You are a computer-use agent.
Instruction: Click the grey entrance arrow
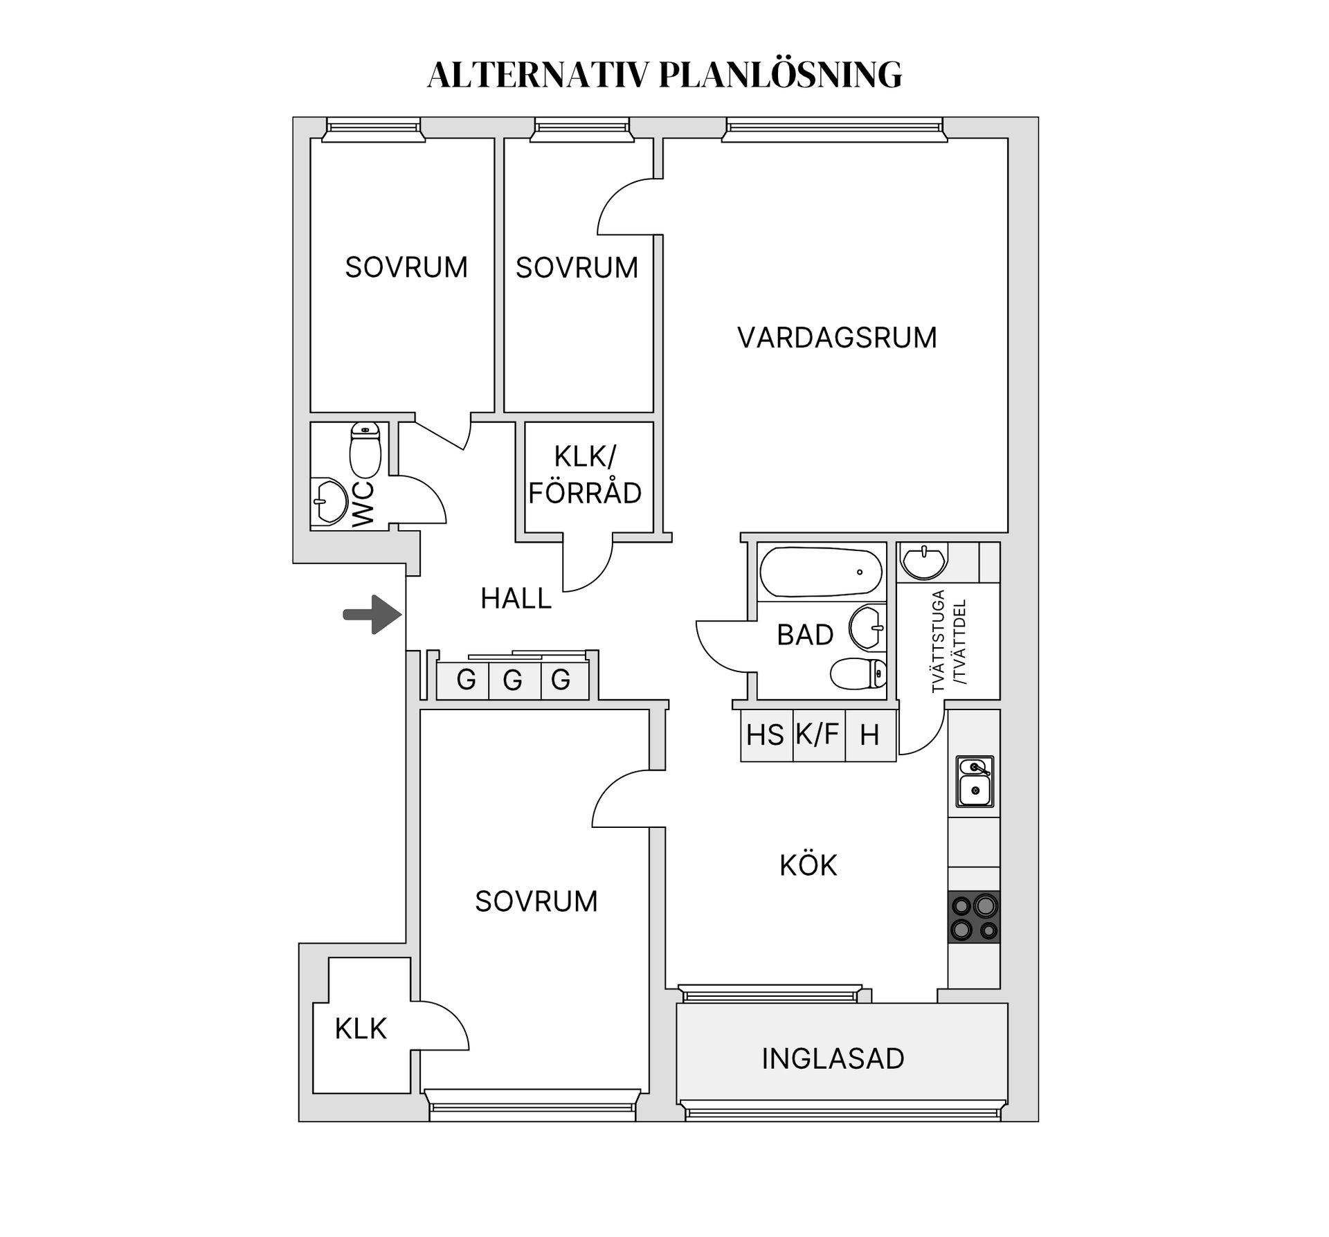(373, 615)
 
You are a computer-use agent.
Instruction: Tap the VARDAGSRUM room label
(837, 338)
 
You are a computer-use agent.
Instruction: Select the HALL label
(516, 598)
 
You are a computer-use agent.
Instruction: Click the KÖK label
(808, 865)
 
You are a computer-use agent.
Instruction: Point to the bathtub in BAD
(821, 572)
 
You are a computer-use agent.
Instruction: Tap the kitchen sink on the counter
(975, 782)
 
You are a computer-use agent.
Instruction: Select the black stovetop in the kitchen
(974, 917)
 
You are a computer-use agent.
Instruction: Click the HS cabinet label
(765, 735)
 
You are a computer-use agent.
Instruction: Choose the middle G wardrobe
(514, 680)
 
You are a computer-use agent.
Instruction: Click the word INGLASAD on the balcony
(833, 1058)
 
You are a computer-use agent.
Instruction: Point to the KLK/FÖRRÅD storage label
(585, 475)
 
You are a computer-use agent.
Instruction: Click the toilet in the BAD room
(858, 674)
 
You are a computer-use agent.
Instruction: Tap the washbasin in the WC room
(329, 500)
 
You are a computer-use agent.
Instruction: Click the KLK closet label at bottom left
(361, 1029)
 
